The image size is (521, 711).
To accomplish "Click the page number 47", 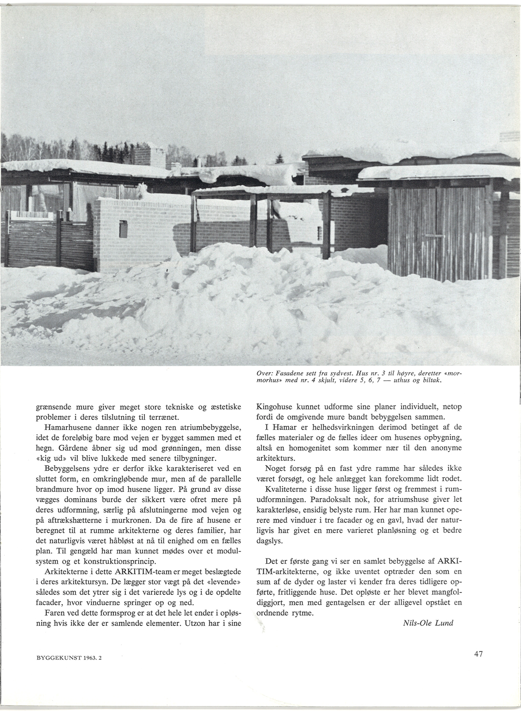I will pos(479,654).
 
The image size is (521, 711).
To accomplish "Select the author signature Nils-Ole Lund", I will pos(428,623).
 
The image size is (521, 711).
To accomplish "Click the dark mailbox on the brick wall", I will pos(123,228).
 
